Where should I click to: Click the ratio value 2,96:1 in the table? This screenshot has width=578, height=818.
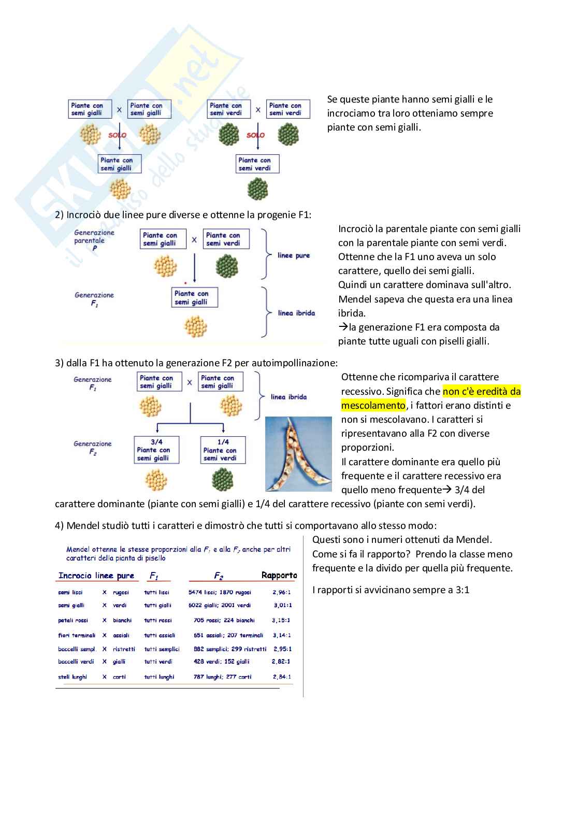(x=281, y=592)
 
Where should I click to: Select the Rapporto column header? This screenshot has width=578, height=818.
(x=279, y=576)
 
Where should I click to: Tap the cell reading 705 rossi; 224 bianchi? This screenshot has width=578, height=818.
(x=224, y=620)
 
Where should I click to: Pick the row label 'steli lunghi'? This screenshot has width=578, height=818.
(x=73, y=677)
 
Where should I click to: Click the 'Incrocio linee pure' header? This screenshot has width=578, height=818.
(x=96, y=576)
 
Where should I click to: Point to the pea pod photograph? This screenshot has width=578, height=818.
(x=298, y=454)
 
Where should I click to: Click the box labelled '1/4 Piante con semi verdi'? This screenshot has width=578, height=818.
(x=223, y=450)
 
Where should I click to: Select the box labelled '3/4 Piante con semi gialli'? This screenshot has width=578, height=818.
(x=156, y=450)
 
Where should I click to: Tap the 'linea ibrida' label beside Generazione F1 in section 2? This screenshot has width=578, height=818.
(x=296, y=313)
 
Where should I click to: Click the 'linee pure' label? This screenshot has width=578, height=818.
(x=294, y=255)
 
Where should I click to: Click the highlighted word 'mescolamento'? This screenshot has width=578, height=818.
(x=373, y=406)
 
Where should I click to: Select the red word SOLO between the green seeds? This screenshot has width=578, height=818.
(x=255, y=135)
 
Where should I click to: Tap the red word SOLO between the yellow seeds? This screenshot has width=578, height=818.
(x=117, y=135)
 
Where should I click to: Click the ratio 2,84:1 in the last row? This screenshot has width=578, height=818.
(x=282, y=677)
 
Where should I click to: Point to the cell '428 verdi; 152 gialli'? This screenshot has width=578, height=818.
(x=221, y=662)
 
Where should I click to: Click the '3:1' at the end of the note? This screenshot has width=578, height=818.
(x=463, y=590)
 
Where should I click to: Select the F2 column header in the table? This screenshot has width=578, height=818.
(x=219, y=576)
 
